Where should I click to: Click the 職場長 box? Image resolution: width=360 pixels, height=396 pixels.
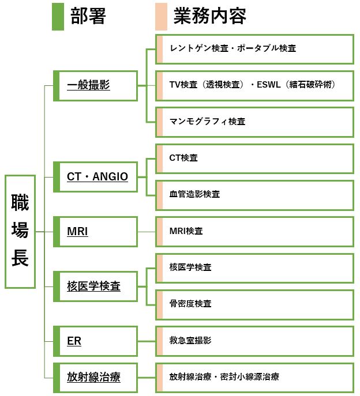tap(20, 232)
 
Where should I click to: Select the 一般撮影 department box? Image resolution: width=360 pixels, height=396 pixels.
tap(95, 86)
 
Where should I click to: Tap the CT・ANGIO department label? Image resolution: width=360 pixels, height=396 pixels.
tap(97, 176)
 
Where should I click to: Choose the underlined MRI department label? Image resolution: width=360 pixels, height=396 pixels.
tap(77, 231)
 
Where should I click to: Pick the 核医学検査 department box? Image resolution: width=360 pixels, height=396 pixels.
tap(95, 286)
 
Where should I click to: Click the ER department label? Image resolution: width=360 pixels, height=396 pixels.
tap(74, 341)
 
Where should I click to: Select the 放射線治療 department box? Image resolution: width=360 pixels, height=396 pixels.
tap(95, 378)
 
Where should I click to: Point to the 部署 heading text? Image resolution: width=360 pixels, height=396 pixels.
tap(88, 16)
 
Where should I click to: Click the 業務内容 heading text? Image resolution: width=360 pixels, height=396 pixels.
tap(209, 16)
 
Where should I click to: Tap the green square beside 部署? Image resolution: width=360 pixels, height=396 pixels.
tap(58, 17)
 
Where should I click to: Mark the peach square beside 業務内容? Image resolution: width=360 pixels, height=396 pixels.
tap(161, 17)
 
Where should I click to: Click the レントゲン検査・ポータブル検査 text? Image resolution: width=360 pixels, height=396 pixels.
tap(233, 48)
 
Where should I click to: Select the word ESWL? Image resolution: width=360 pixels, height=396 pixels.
tap(268, 85)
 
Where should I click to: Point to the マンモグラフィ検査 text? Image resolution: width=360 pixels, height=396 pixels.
tap(207, 122)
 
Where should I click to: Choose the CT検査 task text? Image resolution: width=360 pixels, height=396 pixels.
tap(183, 158)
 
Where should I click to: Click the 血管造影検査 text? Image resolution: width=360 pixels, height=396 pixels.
tap(194, 194)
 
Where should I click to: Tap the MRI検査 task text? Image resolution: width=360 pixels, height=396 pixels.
tap(186, 231)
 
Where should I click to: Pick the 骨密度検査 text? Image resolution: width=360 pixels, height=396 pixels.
tap(190, 304)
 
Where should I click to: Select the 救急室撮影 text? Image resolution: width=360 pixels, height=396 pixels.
tap(190, 341)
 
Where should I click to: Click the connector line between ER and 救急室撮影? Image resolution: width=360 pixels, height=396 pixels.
tap(147, 341)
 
